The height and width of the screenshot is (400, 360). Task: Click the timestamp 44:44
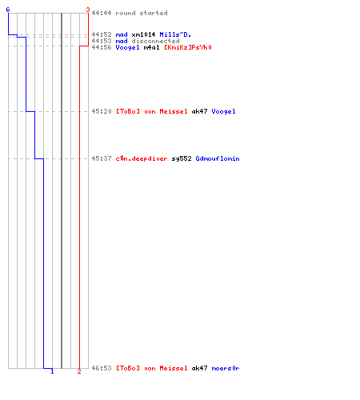pyautogui.click(x=102, y=13)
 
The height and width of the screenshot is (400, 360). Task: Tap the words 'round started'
pyautogui.click(x=142, y=13)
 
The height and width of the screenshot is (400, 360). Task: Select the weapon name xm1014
pyautogui.click(x=143, y=34)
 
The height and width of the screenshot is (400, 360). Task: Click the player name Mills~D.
pyautogui.click(x=175, y=34)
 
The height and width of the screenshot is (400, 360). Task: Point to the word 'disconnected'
pyautogui.click(x=155, y=41)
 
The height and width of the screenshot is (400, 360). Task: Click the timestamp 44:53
pyautogui.click(x=102, y=41)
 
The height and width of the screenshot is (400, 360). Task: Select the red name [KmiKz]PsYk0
pyautogui.click(x=188, y=47)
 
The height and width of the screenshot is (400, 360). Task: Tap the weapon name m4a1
pyautogui.click(x=151, y=47)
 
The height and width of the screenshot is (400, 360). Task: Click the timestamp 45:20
pyautogui.click(x=102, y=111)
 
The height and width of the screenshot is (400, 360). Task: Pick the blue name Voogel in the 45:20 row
pyautogui.click(x=223, y=111)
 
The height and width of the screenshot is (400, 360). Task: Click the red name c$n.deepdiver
pyautogui.click(x=142, y=158)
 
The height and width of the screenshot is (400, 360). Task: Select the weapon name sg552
pyautogui.click(x=182, y=158)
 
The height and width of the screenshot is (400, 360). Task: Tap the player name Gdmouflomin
pyautogui.click(x=218, y=158)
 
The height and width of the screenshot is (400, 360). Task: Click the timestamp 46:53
pyautogui.click(x=102, y=368)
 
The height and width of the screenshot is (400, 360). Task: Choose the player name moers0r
pyautogui.click(x=226, y=368)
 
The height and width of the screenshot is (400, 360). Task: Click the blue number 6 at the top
pyautogui.click(x=8, y=10)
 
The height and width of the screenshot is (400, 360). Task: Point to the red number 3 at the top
pyautogui.click(x=88, y=10)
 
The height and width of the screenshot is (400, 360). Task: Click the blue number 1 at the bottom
pyautogui.click(x=52, y=371)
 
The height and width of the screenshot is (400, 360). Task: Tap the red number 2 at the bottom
pyautogui.click(x=79, y=371)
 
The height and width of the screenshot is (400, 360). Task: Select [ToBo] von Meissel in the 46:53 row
pyautogui.click(x=151, y=368)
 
